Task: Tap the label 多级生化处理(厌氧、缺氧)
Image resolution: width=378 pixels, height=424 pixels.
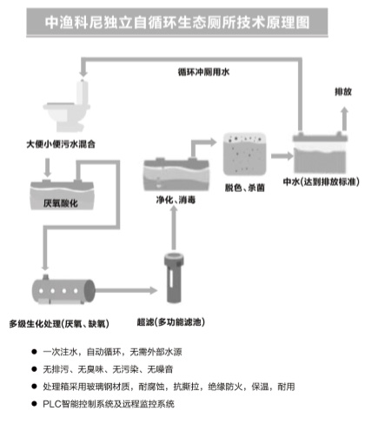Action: coord(59,322)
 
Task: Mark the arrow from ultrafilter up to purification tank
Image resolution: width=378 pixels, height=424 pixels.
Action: coord(173,228)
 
